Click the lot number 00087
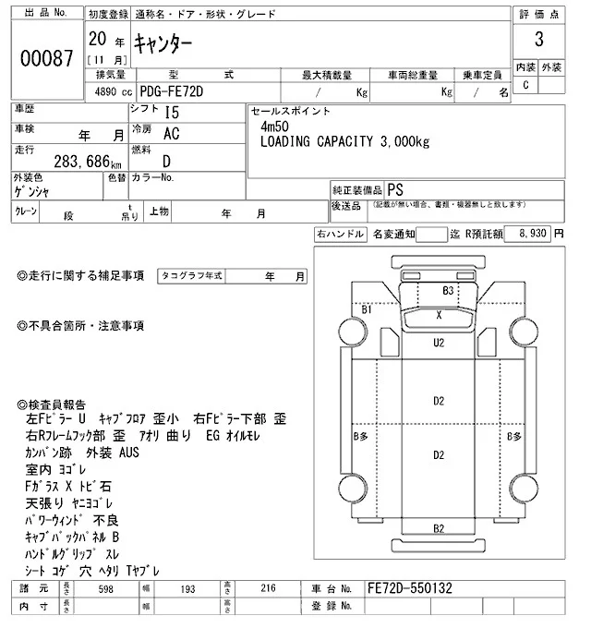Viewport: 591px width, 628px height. tap(46, 58)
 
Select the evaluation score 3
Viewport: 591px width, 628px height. tap(538, 42)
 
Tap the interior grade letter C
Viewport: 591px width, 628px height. tap(526, 85)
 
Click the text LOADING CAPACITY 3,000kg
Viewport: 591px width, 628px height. tap(344, 141)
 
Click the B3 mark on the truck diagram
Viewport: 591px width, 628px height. tap(449, 290)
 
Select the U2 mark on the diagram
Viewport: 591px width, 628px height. tap(440, 343)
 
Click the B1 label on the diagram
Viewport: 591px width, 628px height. tap(367, 310)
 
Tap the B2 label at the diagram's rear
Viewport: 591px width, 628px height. tap(440, 527)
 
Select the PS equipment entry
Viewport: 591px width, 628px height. tap(395, 187)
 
